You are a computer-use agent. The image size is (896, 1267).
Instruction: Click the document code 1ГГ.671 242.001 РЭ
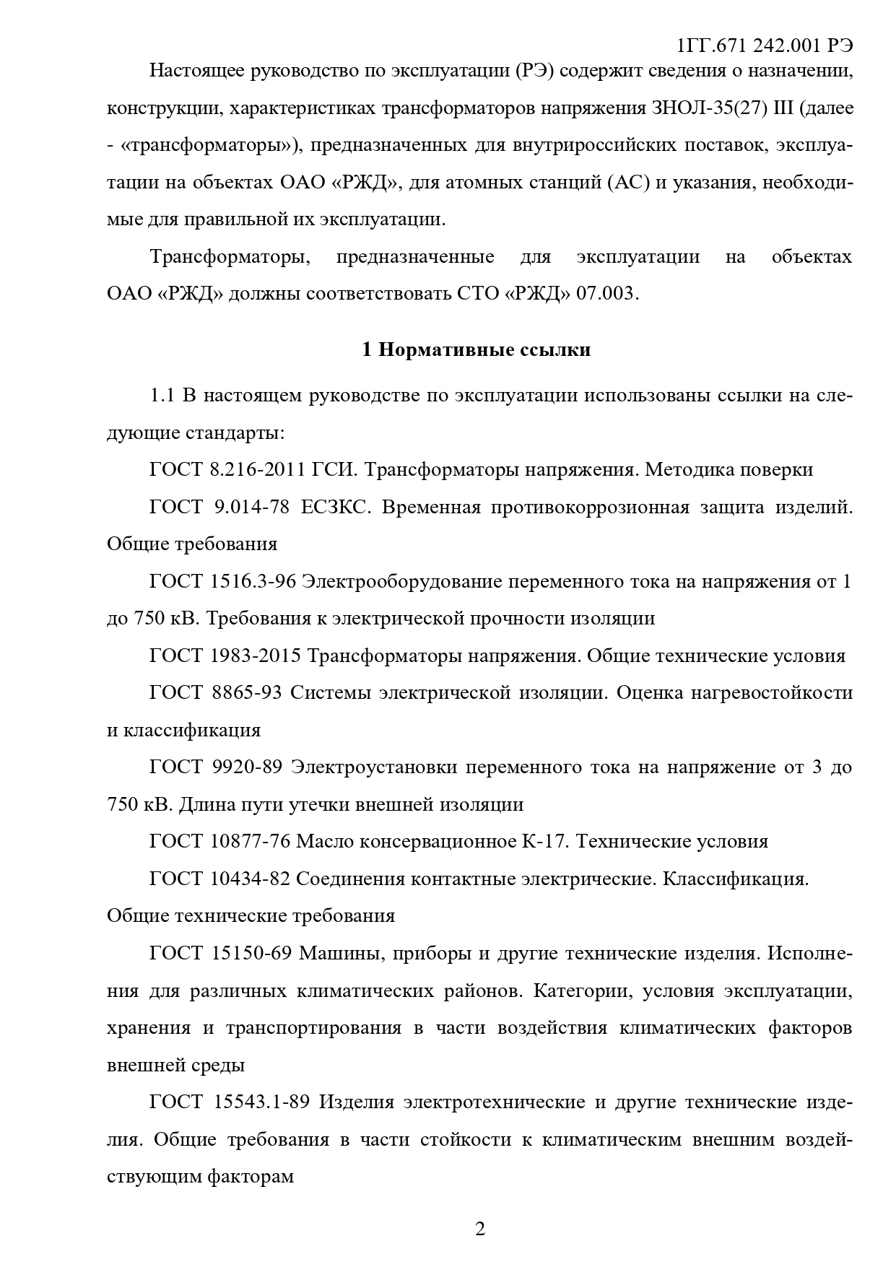coord(765,45)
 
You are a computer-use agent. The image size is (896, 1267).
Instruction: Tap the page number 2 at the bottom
coord(480,1229)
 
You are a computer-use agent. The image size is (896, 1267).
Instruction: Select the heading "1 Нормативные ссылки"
coord(476,350)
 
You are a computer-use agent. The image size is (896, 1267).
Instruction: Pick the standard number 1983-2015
coord(256,656)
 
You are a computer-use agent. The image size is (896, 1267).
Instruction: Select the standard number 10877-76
coord(251,841)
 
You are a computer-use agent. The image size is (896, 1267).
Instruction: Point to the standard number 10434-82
coord(251,879)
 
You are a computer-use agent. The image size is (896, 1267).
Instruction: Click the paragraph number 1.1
coord(162,396)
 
